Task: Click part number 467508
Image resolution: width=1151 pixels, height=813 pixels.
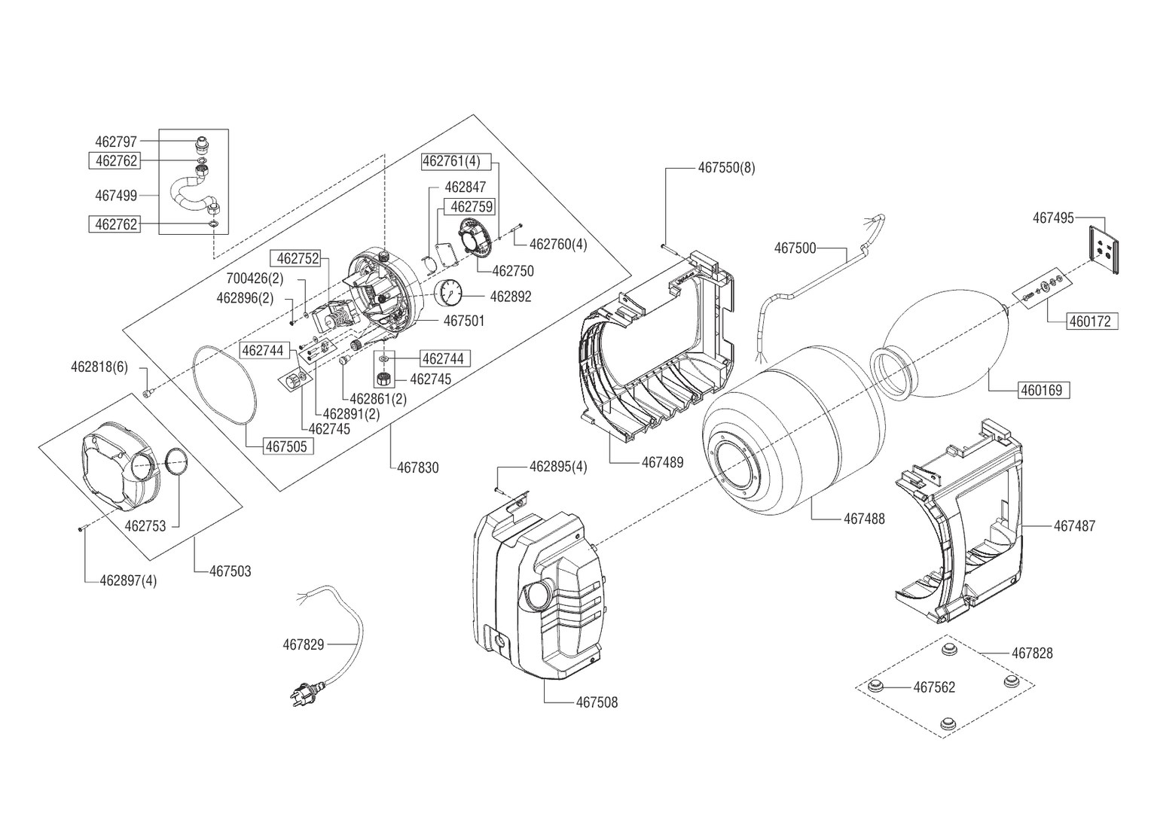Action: click(597, 702)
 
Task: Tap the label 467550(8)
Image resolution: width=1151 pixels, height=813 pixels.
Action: click(726, 168)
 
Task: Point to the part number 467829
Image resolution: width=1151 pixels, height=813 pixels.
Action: click(303, 644)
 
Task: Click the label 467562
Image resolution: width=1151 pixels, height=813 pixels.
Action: click(934, 687)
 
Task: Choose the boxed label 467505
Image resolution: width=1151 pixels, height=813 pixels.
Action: click(287, 446)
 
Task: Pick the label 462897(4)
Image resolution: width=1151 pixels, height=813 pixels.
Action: click(128, 580)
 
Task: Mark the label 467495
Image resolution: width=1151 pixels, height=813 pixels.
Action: click(1053, 218)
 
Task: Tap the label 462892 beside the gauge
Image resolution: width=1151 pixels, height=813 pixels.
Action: click(511, 297)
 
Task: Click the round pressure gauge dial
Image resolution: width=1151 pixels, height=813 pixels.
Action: click(450, 292)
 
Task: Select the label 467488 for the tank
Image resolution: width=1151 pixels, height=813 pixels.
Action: click(864, 519)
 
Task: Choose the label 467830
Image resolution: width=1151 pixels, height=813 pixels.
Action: click(418, 467)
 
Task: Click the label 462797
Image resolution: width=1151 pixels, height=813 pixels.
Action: click(115, 142)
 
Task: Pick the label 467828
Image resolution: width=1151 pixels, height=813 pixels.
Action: click(1032, 653)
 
